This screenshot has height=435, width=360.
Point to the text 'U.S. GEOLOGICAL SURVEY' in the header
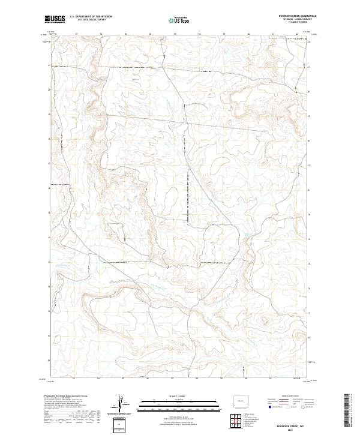(91, 20)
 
